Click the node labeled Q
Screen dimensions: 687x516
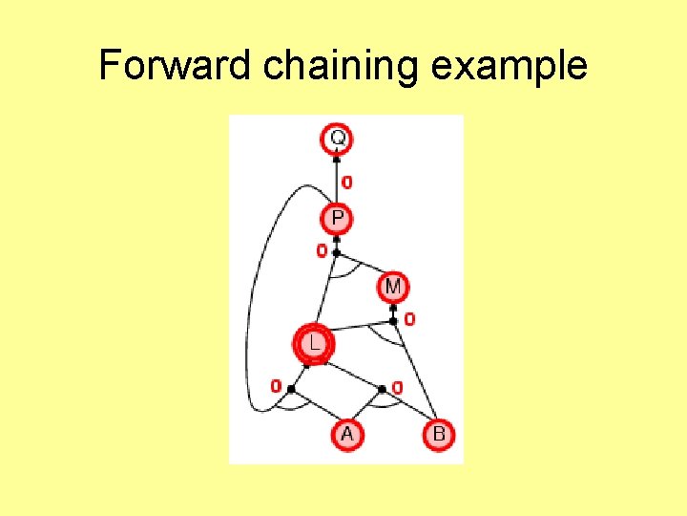tap(338, 139)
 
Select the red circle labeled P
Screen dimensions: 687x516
tap(338, 219)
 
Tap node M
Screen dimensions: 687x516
tap(393, 286)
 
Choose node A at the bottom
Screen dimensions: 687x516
tap(346, 435)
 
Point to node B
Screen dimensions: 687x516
tap(439, 435)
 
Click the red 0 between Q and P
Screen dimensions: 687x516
tap(347, 182)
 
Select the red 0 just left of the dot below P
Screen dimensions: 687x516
tap(322, 251)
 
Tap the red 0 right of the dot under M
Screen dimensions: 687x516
tap(409, 319)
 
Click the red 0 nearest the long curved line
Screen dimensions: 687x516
tap(276, 387)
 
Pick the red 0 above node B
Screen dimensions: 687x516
tap(397, 387)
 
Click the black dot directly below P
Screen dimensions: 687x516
tap(337, 252)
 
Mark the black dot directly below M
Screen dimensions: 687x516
tap(393, 320)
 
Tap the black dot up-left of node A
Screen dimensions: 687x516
tap(291, 389)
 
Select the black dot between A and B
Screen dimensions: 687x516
tap(383, 389)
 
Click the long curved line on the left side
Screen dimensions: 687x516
tap(250, 315)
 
